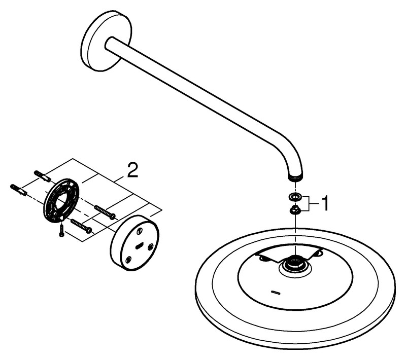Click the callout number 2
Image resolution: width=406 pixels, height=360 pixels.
132,170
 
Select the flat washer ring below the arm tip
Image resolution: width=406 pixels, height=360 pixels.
296,197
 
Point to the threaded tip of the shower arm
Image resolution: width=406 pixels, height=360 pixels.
295,178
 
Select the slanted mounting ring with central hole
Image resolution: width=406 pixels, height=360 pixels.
62,200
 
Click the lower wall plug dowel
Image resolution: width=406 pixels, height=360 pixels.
19,190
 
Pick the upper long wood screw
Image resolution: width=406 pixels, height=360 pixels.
105,211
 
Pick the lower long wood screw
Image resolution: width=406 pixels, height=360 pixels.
81,226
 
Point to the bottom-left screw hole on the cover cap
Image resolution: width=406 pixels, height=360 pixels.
128,259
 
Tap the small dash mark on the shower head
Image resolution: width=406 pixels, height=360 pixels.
275,292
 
